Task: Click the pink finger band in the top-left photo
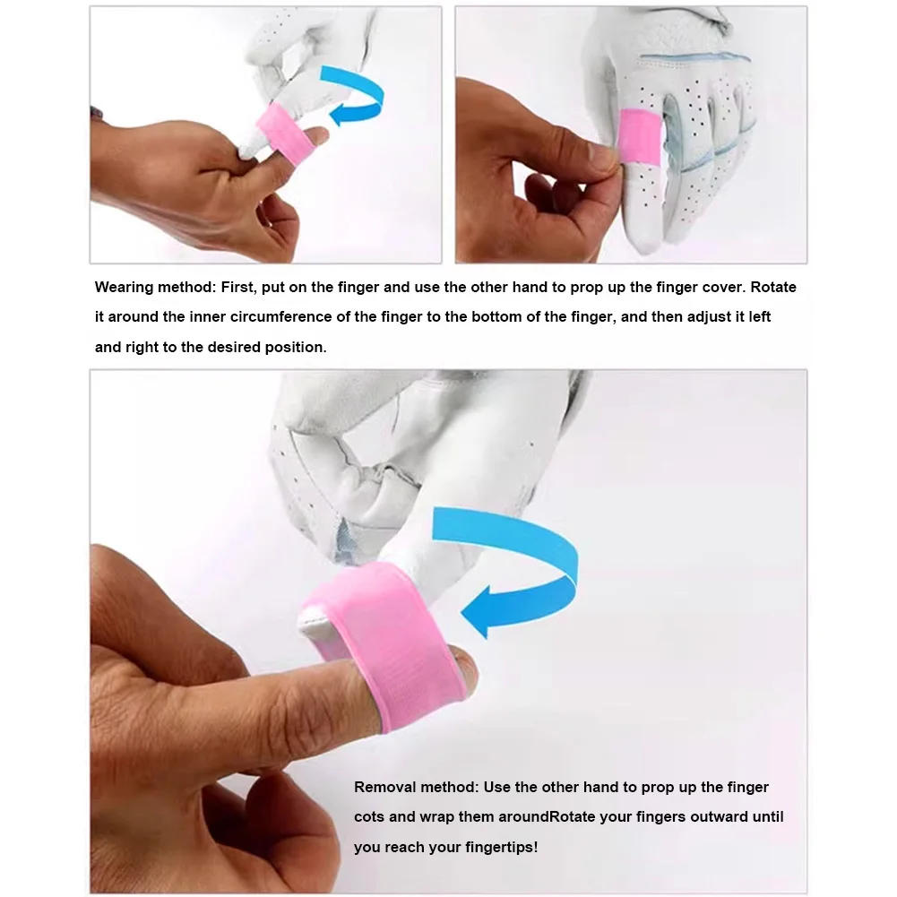(285, 135)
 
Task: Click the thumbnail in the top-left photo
(316, 135)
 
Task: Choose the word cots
(369, 817)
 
